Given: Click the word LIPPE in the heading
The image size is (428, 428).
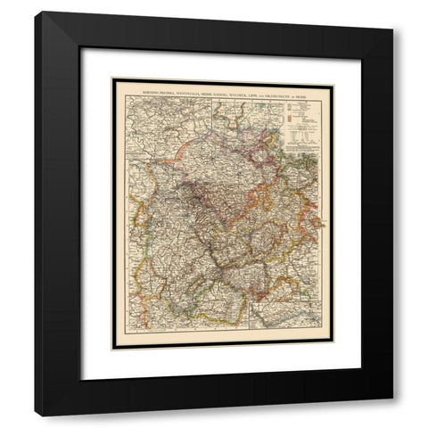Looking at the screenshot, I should [x=281, y=92].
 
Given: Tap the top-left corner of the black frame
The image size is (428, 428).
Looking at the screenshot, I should [x=37, y=14].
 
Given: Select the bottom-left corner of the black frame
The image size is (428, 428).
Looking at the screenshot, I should [x=37, y=414].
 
